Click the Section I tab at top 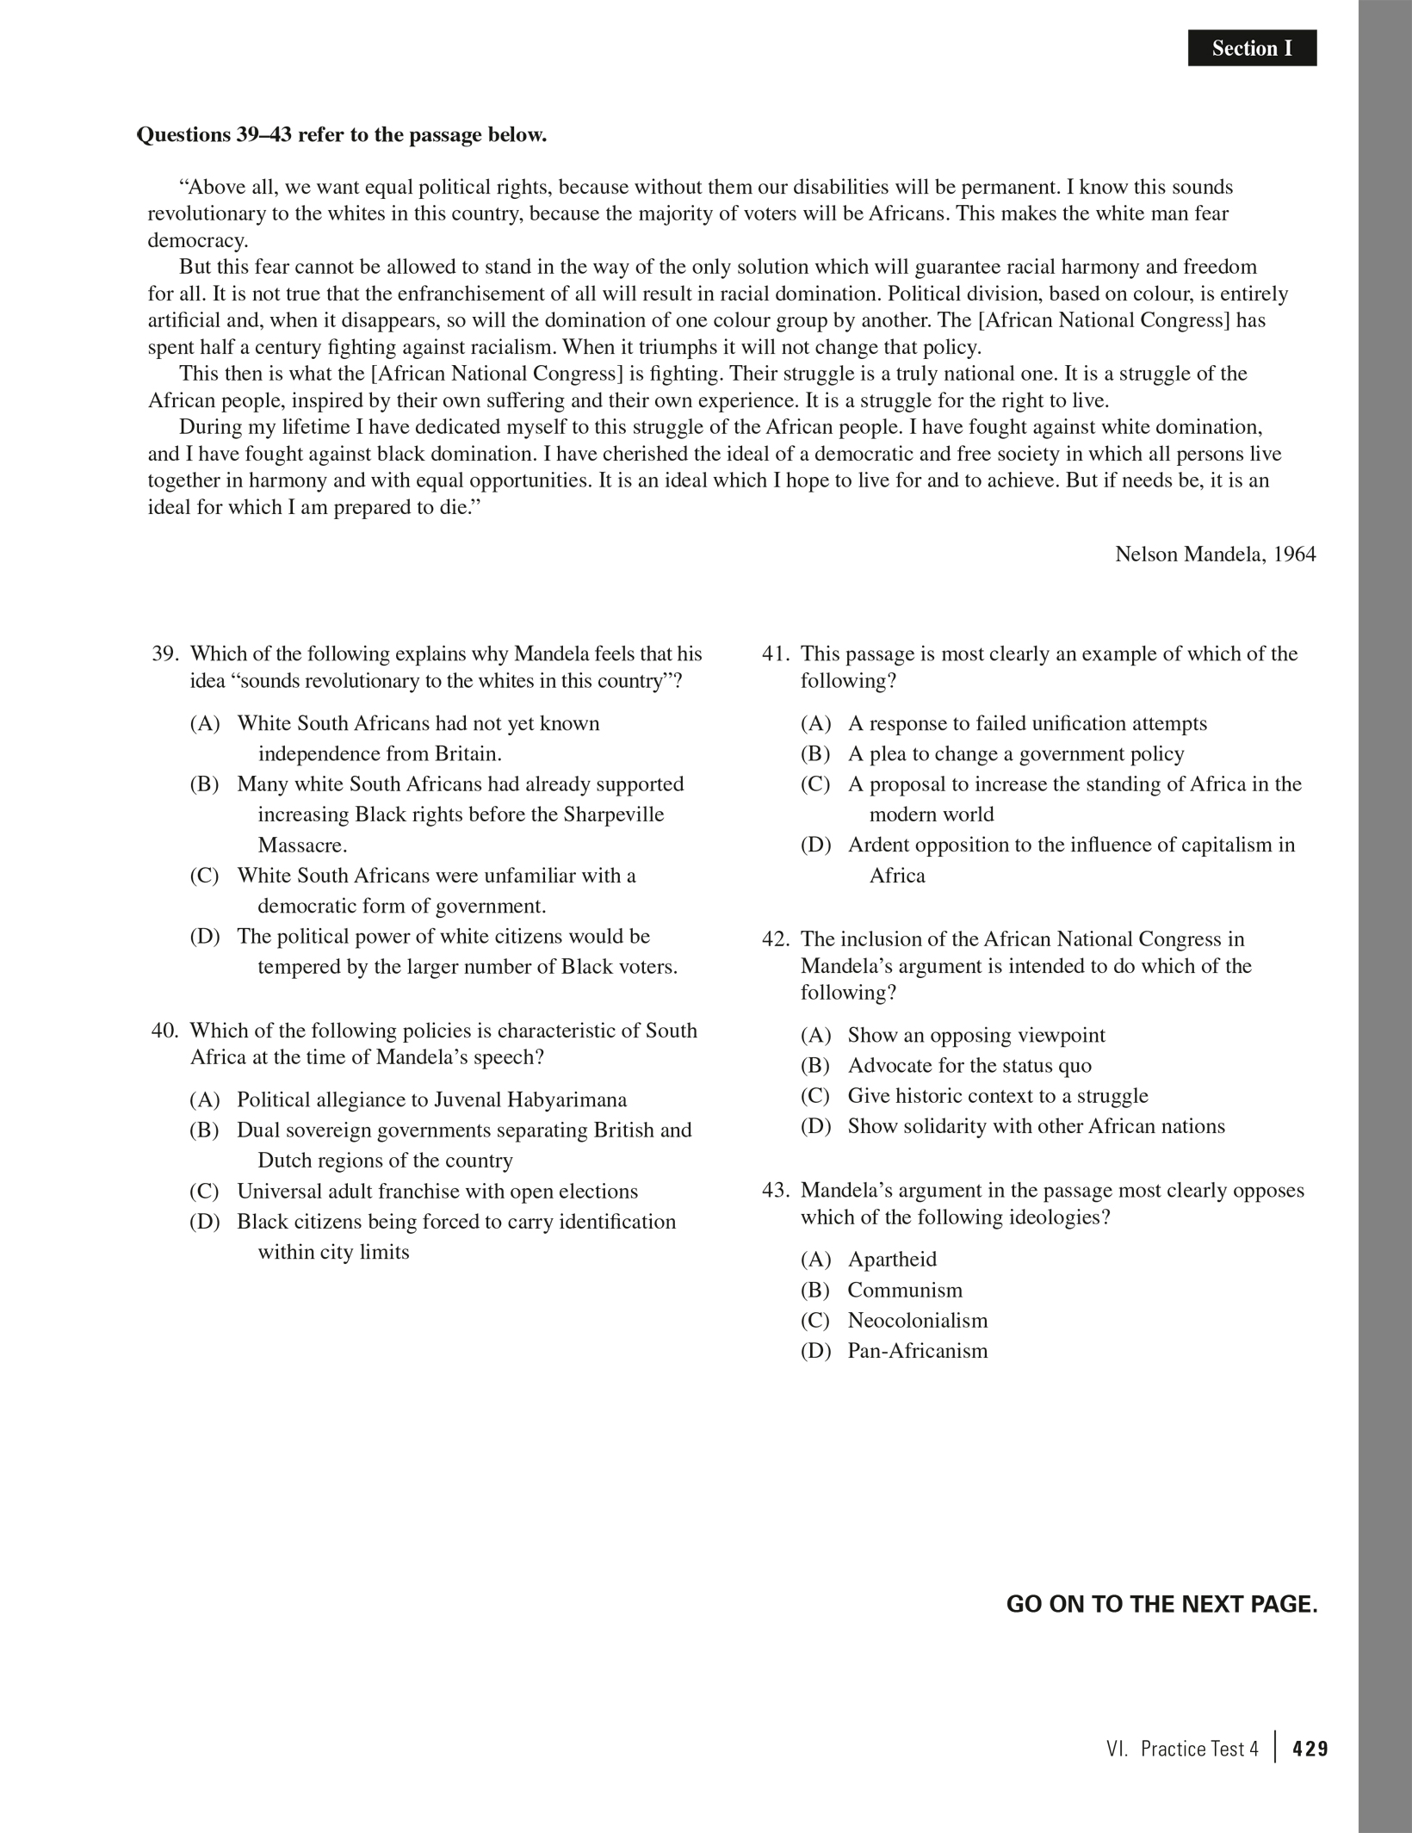(1251, 48)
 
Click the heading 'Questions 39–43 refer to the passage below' (342, 135)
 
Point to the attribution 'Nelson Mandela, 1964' (1215, 554)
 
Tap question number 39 (164, 653)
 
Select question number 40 (164, 1031)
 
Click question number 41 (775, 653)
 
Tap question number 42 (775, 938)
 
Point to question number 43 (775, 1190)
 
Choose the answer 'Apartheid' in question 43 (892, 1259)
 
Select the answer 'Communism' (905, 1290)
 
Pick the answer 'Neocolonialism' (917, 1320)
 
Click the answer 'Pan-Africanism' (917, 1350)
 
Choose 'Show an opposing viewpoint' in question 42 (976, 1035)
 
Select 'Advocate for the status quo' (969, 1065)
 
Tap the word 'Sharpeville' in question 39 (613, 814)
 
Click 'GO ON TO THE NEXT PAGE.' (1161, 1604)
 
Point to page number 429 (1310, 1749)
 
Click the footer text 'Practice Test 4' (1198, 1749)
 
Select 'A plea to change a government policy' (1016, 753)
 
